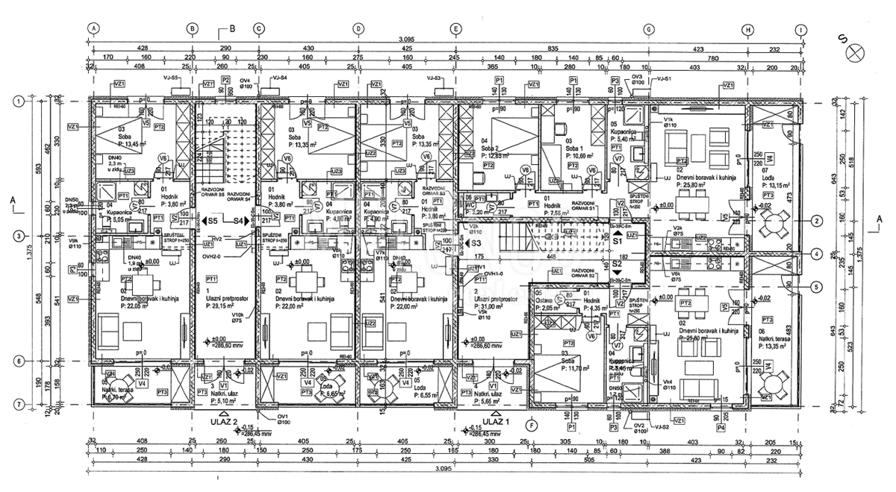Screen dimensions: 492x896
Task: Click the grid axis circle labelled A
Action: point(94,29)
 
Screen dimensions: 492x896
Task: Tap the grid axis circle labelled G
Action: point(648,29)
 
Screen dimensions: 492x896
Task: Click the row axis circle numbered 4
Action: point(817,254)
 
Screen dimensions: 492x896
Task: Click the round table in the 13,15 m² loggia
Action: point(776,223)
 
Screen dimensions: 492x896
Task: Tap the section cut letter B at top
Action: point(231,31)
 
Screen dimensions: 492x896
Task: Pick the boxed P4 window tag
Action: point(721,429)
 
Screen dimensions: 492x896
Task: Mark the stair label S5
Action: point(213,221)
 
